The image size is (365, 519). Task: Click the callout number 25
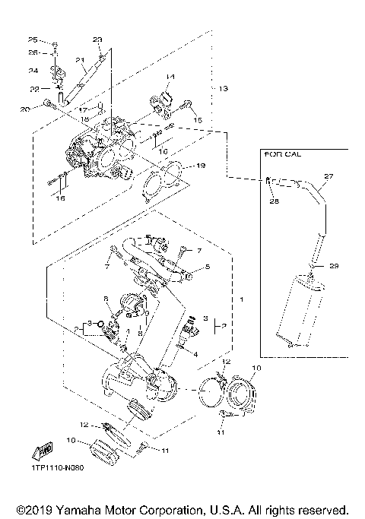coord(33,40)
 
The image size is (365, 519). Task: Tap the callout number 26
coord(33,52)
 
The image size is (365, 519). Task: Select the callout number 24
coord(33,71)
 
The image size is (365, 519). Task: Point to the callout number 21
coord(78,60)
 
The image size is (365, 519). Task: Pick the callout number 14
coord(170,78)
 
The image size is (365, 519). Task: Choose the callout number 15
coord(197,119)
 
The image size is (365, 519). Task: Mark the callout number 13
coord(223,89)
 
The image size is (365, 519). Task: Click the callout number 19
coord(201,166)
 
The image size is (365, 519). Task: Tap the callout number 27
coord(328,177)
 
